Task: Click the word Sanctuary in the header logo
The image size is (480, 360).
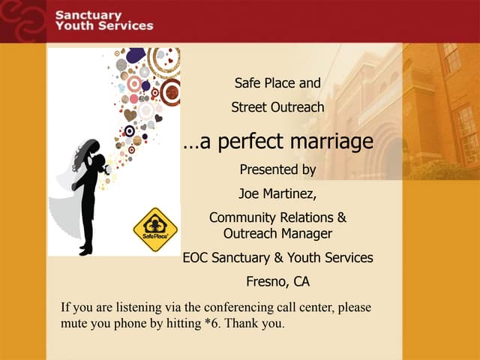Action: pyautogui.click(x=88, y=15)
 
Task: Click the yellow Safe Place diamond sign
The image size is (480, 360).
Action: pyautogui.click(x=155, y=229)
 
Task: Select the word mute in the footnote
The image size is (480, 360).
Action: pyautogui.click(x=73, y=324)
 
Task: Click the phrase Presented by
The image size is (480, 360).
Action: pyautogui.click(x=277, y=169)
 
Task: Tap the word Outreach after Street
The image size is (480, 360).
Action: pyautogui.click(x=298, y=107)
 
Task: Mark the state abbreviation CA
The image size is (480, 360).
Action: pyautogui.click(x=300, y=282)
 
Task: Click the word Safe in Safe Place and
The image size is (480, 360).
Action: pyautogui.click(x=248, y=83)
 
